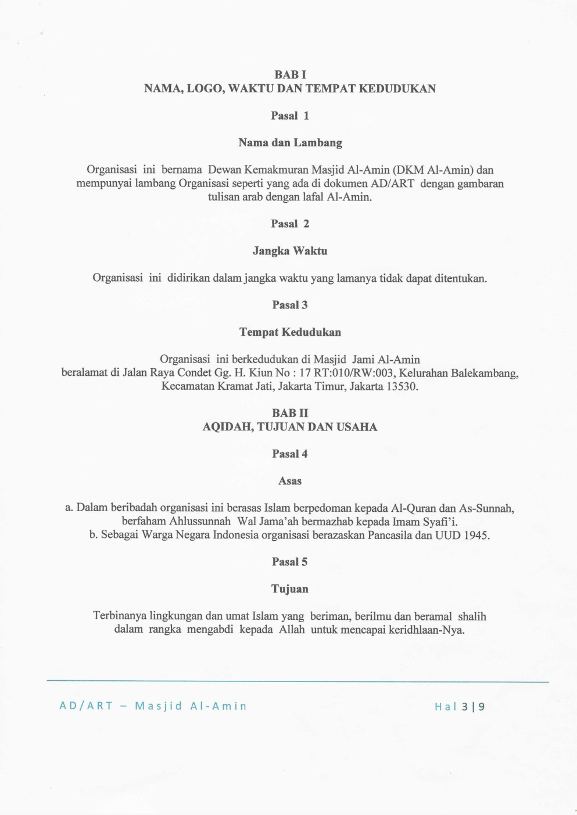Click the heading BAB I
click(290, 75)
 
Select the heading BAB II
click(290, 413)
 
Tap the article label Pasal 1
click(290, 116)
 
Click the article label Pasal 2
click(290, 224)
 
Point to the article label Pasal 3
click(290, 305)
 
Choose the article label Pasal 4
click(290, 454)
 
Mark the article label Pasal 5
click(290, 562)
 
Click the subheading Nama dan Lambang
click(290, 143)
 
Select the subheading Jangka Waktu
click(290, 251)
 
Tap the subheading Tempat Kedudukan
click(290, 332)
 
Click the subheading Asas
click(290, 481)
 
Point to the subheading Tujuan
click(290, 589)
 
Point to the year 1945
click(476, 535)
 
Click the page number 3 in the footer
click(464, 707)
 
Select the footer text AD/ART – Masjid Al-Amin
click(153, 706)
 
